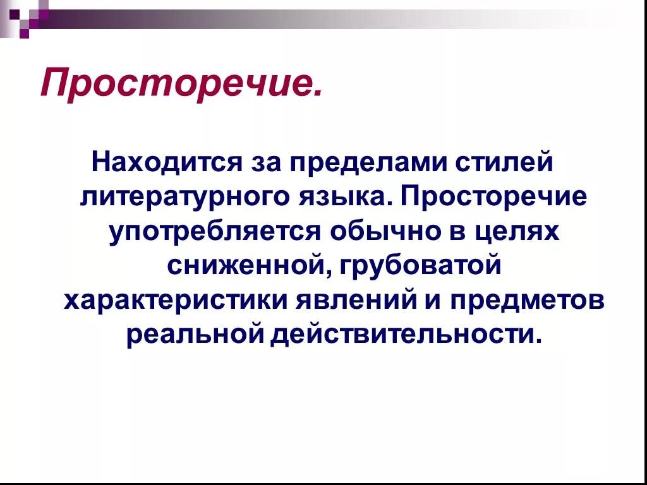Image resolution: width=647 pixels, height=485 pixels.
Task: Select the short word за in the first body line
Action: pos(265,162)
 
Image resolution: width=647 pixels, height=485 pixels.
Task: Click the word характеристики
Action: pos(175,300)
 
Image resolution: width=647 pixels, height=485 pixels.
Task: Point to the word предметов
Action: pos(527,300)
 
